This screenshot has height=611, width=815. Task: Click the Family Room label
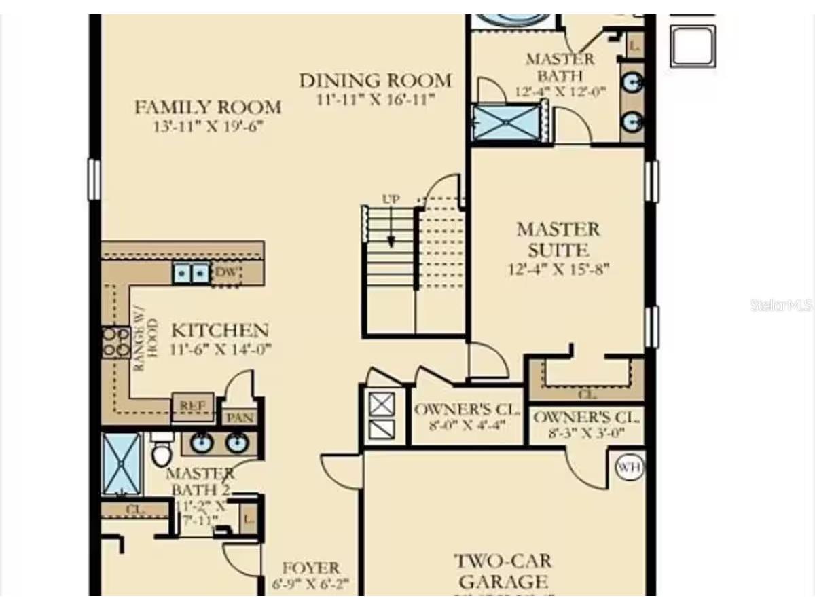pos(207,107)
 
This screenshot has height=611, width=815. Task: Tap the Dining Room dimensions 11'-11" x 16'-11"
pos(375,99)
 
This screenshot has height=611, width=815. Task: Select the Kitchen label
pos(219,331)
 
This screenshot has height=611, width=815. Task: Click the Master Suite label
pos(558,239)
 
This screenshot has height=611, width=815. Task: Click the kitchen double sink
pos(190,273)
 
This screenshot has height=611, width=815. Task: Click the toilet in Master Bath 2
pos(160,451)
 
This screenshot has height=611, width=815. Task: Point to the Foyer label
pos(310,568)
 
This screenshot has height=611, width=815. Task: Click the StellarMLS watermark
pos(781,305)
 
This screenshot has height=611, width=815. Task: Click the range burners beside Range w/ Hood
pos(115,342)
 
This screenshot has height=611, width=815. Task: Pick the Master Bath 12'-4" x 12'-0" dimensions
pos(560,91)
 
